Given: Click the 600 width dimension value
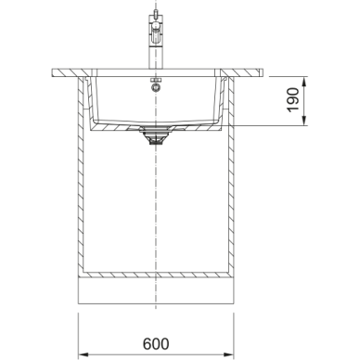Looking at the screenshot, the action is pos(156,343).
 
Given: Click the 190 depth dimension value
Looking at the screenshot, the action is pos(293,100).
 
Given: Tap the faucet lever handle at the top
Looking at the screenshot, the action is pos(155,14).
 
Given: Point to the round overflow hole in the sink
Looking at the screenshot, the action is pos(156,87).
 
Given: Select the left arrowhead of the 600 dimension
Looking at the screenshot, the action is pos(83,354).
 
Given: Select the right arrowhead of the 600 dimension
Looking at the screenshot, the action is pos(228,354).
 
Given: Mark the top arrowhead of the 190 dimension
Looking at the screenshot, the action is pos(304,82).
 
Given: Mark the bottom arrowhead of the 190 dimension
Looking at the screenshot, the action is pos(304,121).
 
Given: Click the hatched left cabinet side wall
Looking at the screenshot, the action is pos(81,174).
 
